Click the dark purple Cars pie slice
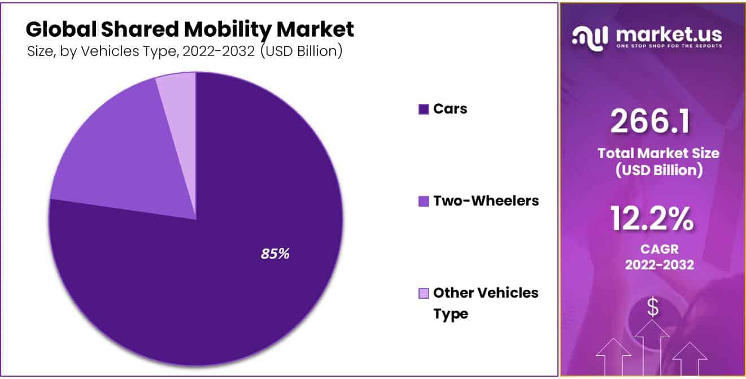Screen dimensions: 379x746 pos(226,282)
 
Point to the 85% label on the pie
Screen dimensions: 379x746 pos(275,254)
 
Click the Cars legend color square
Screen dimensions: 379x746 pos(424,110)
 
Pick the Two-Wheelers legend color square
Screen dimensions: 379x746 pos(424,201)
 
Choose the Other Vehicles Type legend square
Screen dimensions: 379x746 pos(424,293)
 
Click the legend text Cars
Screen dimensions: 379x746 pos(450,109)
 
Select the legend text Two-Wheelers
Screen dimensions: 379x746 pos(486,201)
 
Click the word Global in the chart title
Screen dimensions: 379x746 pos(56,29)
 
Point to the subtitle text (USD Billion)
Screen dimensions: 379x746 pos(302,51)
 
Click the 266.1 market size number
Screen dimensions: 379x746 pos(651,121)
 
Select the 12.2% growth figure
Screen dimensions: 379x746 pos(652,219)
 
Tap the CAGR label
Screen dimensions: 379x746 pos(659,249)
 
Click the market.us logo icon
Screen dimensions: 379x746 pos(590,37)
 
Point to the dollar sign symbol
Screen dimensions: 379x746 pos(653,308)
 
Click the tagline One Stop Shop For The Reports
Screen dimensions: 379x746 pos(669,46)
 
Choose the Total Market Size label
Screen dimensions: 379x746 pos(658,153)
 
